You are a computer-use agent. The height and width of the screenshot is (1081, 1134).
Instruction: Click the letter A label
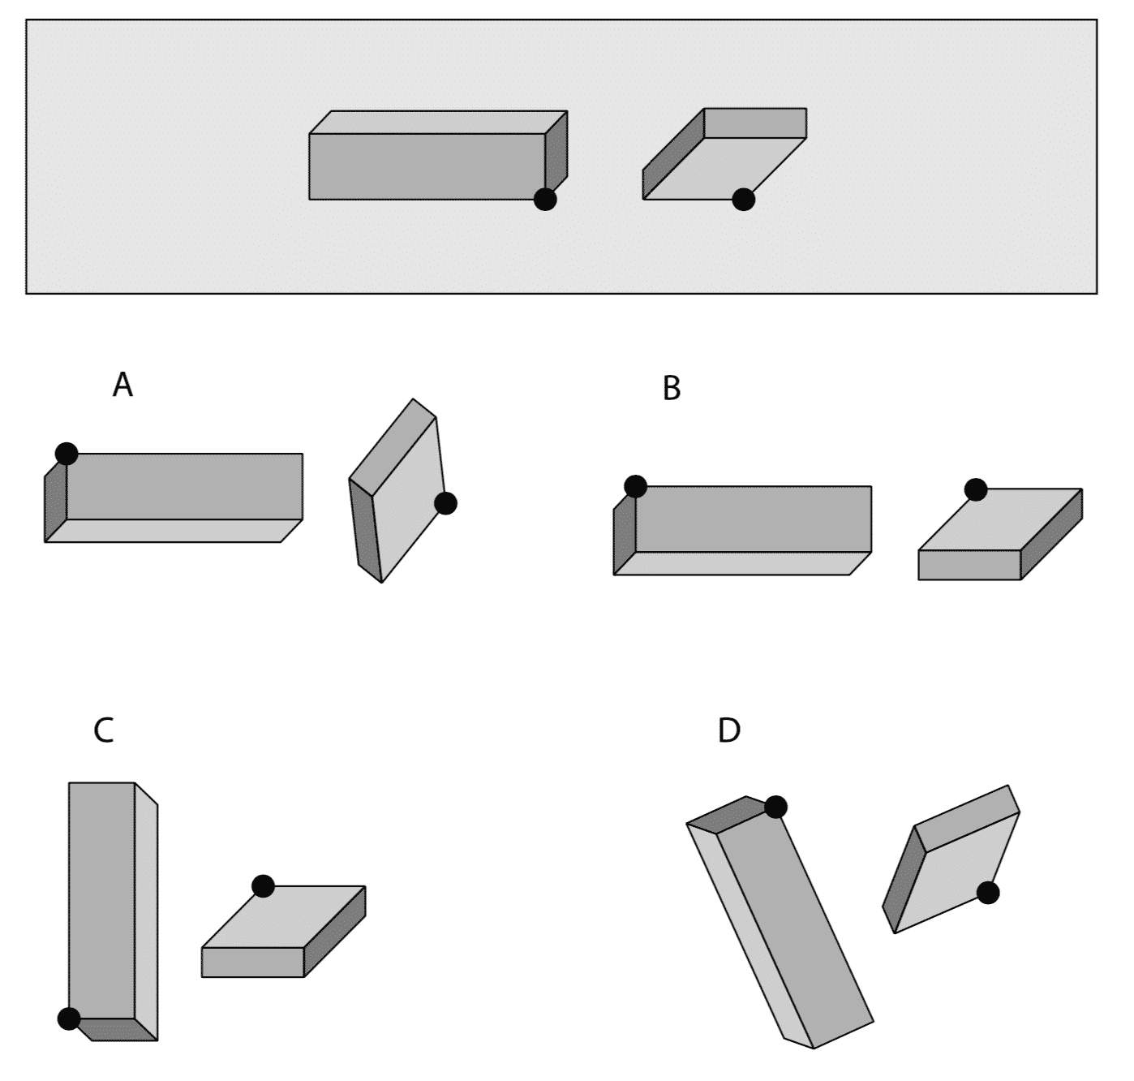point(122,385)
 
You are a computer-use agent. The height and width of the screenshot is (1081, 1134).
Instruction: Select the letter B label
point(672,389)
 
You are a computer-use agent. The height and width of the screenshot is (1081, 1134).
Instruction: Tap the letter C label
point(104,730)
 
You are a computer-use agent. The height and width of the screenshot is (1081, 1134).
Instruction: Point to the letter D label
point(728,731)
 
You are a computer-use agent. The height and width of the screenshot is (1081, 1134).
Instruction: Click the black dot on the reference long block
point(545,199)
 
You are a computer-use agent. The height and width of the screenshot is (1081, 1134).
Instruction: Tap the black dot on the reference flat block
point(743,199)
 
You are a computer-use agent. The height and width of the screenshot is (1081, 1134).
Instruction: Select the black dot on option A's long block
point(67,454)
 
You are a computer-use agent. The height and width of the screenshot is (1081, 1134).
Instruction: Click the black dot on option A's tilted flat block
point(445,503)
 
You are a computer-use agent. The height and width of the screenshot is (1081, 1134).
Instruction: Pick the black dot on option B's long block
point(635,487)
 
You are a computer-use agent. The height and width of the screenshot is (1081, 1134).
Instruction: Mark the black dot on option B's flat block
point(976,489)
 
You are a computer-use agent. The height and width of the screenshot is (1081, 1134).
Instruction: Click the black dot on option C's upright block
point(69,1018)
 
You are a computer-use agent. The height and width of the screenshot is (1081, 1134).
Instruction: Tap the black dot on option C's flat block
point(263,886)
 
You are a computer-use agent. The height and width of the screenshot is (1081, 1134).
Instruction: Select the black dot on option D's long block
point(775,807)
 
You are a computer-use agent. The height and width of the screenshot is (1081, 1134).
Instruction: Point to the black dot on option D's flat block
point(987,893)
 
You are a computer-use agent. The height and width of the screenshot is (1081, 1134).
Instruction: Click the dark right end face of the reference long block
point(556,155)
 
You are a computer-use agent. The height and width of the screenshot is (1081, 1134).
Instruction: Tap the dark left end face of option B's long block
point(625,532)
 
